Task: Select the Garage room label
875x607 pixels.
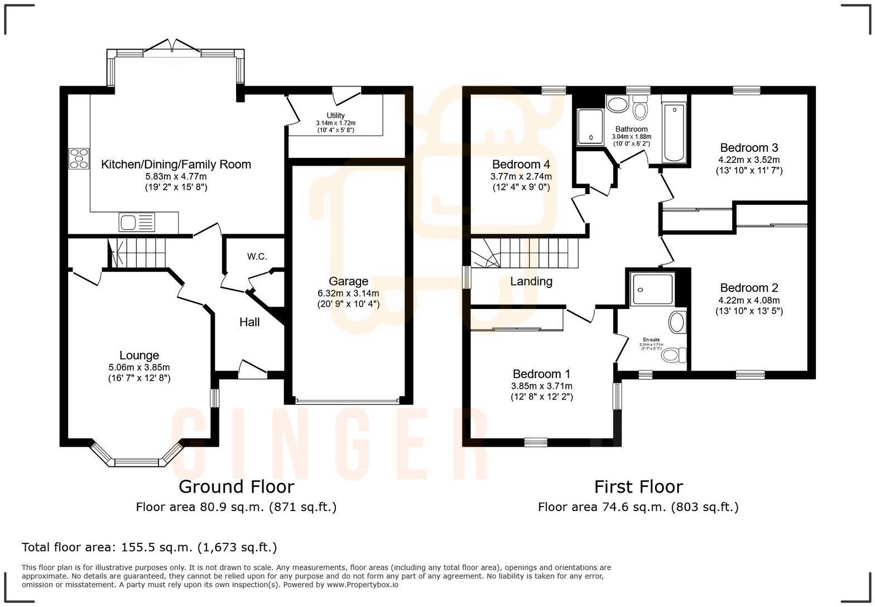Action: [x=348, y=281]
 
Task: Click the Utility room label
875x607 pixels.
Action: [x=335, y=115]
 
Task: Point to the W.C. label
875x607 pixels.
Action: [x=257, y=257]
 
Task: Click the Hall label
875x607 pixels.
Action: [x=249, y=322]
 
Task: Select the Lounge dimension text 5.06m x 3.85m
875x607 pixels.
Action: [x=139, y=367]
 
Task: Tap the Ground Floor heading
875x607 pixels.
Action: [x=236, y=486]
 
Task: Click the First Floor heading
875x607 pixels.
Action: [x=638, y=486]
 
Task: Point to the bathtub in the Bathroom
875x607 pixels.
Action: [x=674, y=133]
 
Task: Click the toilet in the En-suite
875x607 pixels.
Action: [x=677, y=354]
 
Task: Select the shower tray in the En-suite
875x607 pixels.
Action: [x=652, y=288]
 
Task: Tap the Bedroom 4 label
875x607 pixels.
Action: [x=521, y=165]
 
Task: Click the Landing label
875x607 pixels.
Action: [x=531, y=281]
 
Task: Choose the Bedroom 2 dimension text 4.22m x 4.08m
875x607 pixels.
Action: [x=749, y=300]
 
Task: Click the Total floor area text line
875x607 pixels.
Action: [x=149, y=547]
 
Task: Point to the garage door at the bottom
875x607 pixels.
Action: [x=348, y=400]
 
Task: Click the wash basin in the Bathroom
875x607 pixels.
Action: [x=617, y=104]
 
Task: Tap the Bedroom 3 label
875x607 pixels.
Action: [x=749, y=148]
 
